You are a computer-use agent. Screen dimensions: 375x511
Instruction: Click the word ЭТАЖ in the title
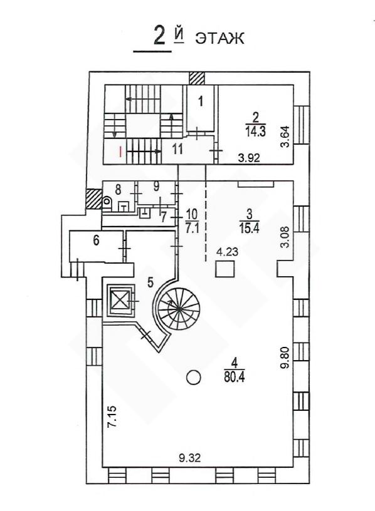219,38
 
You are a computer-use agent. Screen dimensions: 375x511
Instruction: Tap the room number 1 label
201,101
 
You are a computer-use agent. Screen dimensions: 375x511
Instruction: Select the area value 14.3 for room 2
256,131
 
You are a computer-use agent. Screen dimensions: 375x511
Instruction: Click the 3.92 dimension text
249,158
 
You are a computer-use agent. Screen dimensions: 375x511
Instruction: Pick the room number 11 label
177,149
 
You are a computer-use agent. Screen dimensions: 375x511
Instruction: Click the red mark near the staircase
120,152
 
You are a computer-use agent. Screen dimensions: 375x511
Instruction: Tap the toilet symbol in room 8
107,202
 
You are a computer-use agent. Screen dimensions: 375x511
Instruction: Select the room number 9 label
156,187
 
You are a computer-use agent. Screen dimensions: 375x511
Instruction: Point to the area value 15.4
250,228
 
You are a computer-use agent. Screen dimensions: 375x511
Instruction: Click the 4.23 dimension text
227,252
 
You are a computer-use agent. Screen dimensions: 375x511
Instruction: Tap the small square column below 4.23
225,269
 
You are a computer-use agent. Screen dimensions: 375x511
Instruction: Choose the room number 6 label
96,240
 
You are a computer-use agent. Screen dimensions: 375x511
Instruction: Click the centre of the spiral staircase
179,308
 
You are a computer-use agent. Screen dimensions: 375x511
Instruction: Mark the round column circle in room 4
194,378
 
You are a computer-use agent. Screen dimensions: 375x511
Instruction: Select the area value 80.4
235,377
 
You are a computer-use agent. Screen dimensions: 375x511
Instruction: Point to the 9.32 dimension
189,458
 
